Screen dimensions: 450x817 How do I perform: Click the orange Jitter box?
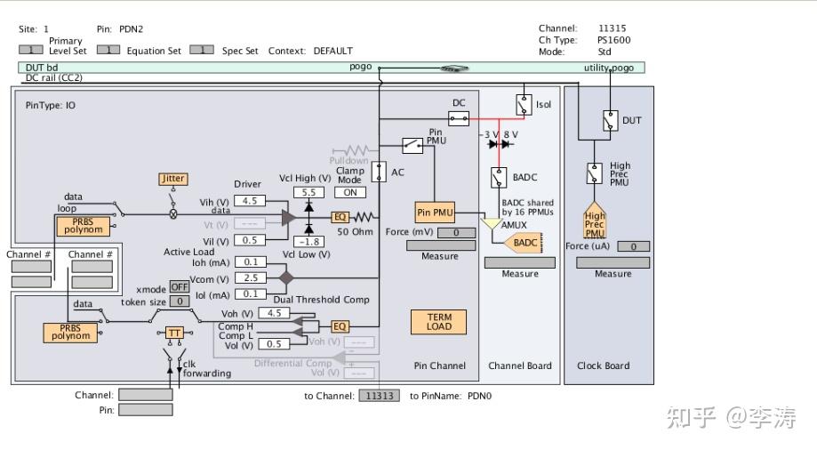point(172,179)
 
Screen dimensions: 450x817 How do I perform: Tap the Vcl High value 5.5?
point(308,192)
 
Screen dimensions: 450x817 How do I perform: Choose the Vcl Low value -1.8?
point(308,242)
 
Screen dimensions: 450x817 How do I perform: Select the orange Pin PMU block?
point(435,213)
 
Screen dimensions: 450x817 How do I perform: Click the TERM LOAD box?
point(438,322)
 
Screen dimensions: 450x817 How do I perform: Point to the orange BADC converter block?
point(525,243)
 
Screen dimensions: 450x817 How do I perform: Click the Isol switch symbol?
point(524,105)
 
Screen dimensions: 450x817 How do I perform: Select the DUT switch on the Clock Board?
point(609,120)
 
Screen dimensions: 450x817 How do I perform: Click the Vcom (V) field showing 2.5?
point(250,278)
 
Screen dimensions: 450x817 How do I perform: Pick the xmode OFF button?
point(179,287)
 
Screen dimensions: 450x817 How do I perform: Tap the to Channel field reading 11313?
point(379,396)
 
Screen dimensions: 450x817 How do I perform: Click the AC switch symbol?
point(378,172)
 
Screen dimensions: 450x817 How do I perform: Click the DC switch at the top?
point(459,118)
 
